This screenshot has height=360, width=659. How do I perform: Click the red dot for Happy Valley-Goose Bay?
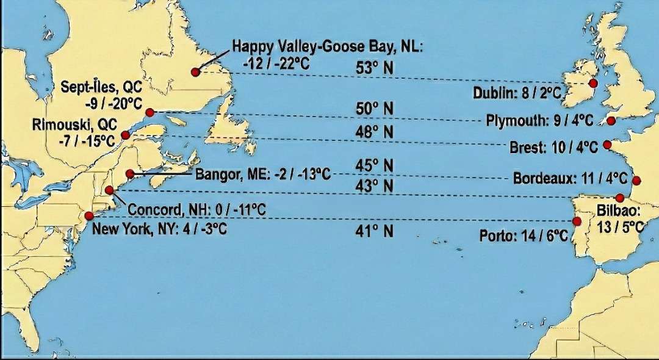pyautogui.click(x=195, y=72)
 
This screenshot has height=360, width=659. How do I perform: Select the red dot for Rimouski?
pyautogui.click(x=125, y=135)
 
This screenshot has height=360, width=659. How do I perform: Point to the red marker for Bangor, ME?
pyautogui.click(x=129, y=174)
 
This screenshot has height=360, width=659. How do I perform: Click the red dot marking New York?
pyautogui.click(x=90, y=215)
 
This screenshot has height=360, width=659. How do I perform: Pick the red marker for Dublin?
pyautogui.click(x=592, y=84)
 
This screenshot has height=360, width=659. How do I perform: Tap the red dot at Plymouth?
pyautogui.click(x=611, y=121)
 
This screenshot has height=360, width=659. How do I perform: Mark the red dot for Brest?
pyautogui.click(x=607, y=145)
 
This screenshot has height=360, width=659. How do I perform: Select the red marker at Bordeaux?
pyautogui.click(x=636, y=180)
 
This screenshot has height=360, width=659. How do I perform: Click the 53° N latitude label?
pyautogui.click(x=375, y=68)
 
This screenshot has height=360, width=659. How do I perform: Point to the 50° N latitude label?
pyautogui.click(x=375, y=109)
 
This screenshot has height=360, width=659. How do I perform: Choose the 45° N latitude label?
pyautogui.click(x=375, y=166)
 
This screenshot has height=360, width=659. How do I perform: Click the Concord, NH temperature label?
pyautogui.click(x=197, y=210)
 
